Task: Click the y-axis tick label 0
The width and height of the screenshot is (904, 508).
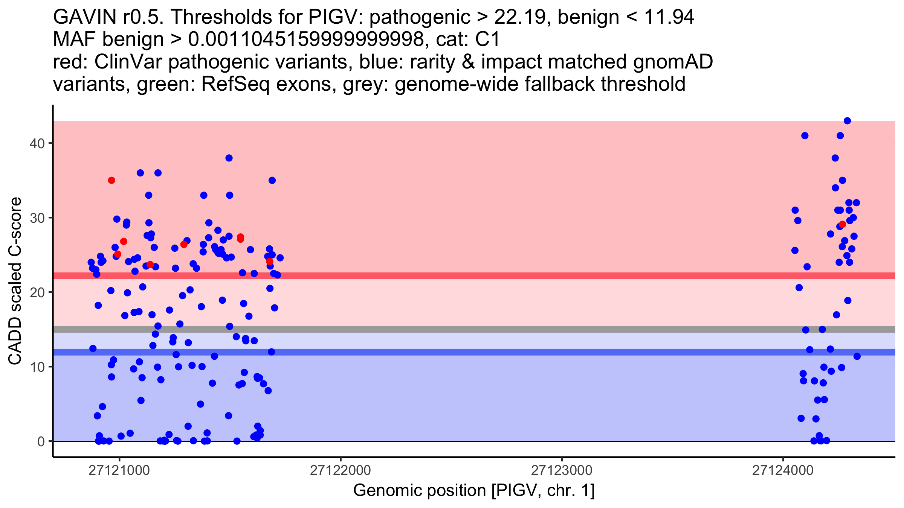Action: pyautogui.click(x=41, y=441)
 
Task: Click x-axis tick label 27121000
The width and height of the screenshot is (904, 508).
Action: pyautogui.click(x=119, y=471)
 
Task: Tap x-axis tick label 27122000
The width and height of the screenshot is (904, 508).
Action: pyautogui.click(x=340, y=471)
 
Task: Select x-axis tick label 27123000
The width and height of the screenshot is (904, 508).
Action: pyautogui.click(x=562, y=471)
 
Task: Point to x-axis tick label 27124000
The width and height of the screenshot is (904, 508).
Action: pyautogui.click(x=783, y=471)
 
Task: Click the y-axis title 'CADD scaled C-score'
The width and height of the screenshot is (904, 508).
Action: pyautogui.click(x=15, y=281)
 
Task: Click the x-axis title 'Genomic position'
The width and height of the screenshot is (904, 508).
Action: pyautogui.click(x=419, y=491)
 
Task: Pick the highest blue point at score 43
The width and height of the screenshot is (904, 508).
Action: pyautogui.click(x=847, y=121)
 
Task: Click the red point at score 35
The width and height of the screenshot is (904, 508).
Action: pyautogui.click(x=111, y=181)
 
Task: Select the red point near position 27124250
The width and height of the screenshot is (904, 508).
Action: pyautogui.click(x=843, y=224)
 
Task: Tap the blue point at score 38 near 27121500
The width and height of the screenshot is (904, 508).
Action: pyautogui.click(x=229, y=158)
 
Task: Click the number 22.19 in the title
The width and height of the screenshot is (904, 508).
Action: pyautogui.click(x=519, y=17)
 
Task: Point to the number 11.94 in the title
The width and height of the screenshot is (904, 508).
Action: pyautogui.click(x=669, y=17)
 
